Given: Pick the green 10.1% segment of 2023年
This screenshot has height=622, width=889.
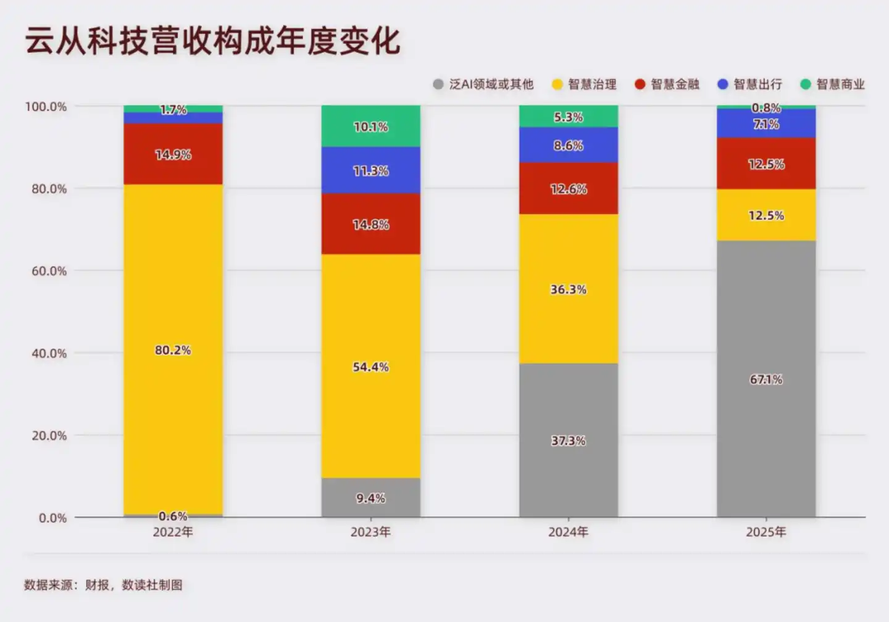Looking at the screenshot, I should coord(370,126).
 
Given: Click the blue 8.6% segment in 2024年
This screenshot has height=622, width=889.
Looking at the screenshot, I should coord(568,145).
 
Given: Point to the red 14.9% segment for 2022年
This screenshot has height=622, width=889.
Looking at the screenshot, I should coord(173,154).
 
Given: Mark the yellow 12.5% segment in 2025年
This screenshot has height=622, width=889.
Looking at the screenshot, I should coord(766,215).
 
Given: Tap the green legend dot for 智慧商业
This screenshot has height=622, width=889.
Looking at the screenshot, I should coord(805,85).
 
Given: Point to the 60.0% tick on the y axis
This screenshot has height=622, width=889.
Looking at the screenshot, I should coord(49,271).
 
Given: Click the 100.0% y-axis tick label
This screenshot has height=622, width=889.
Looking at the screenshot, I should coord(46,107).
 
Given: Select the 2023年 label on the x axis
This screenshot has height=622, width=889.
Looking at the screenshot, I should coord(370,532).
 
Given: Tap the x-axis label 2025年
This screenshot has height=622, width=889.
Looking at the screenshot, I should coord(766,532).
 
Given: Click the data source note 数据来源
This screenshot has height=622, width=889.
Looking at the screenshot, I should coord(103,585).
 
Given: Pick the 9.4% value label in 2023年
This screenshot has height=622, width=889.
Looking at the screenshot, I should coord(370,498).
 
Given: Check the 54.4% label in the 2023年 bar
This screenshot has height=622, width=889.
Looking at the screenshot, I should coord(370,367).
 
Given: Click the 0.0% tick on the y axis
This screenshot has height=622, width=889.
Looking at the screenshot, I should coord(52,518).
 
